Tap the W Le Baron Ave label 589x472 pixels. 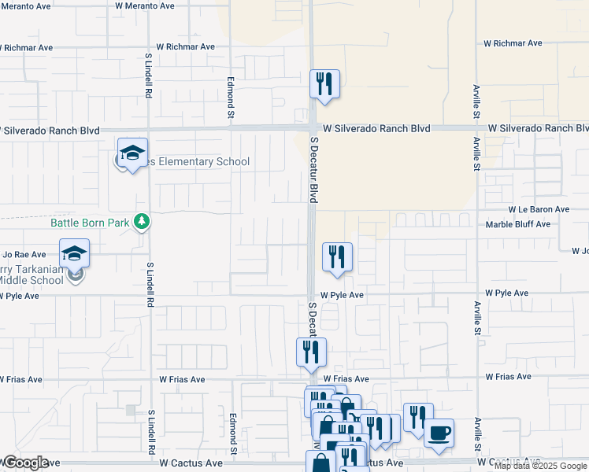pos(539,209)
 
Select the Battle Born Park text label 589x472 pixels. pos(90,223)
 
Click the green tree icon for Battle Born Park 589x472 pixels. pos(142,222)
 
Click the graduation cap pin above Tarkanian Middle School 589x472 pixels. pos(74,254)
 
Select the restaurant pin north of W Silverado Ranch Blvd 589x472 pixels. pos(324,83)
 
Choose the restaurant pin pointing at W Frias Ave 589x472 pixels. pos(311,352)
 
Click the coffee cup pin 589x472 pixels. pos(439,433)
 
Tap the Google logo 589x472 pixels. pos(25,463)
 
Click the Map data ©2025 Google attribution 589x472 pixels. pos(541,466)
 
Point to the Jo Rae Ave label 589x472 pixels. pos(24,255)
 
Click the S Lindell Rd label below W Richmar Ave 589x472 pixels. pos(148,76)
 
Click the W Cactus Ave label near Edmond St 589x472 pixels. pos(191,463)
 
